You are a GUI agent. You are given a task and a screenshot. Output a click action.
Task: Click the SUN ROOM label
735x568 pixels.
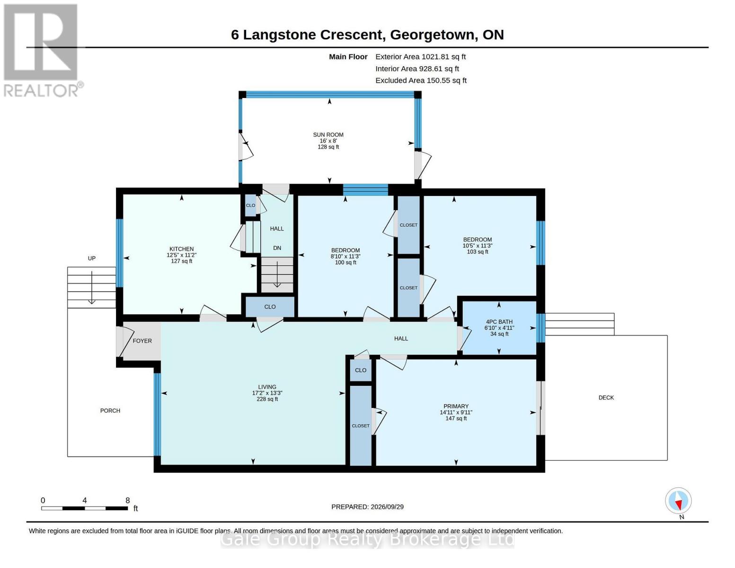coord(328,134)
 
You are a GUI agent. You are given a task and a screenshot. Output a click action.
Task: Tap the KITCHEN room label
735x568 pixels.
coord(181,249)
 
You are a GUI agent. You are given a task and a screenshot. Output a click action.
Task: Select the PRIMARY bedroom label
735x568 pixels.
coord(456,406)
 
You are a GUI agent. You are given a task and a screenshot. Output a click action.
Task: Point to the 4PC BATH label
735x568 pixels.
coord(499,322)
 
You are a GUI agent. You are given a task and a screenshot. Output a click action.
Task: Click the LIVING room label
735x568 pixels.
coord(267,387)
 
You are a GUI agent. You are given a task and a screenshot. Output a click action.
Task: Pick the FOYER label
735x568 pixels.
coord(142,341)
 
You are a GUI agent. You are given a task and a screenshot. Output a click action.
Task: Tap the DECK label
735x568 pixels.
coord(606,398)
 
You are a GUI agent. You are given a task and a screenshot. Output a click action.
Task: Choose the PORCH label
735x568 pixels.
coord(110,410)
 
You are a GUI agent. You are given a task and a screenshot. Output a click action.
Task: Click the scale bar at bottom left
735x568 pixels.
coord(85,508)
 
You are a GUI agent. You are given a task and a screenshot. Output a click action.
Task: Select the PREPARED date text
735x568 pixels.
coord(367,507)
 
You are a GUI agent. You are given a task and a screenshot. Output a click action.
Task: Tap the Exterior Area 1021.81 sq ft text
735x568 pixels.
coord(420,57)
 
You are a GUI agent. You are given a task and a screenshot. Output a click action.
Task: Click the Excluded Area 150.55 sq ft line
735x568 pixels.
coord(421,80)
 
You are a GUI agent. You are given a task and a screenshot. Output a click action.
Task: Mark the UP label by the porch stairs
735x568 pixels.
coord(92,258)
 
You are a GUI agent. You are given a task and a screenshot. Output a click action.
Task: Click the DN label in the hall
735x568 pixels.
coord(277,248)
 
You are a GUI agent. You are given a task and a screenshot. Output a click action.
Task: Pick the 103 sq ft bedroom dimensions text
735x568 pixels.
coord(478,246)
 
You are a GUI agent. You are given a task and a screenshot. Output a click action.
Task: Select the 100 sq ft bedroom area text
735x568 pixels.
coord(345,263)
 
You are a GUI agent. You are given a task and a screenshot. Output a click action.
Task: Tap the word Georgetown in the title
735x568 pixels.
coord(432,35)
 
